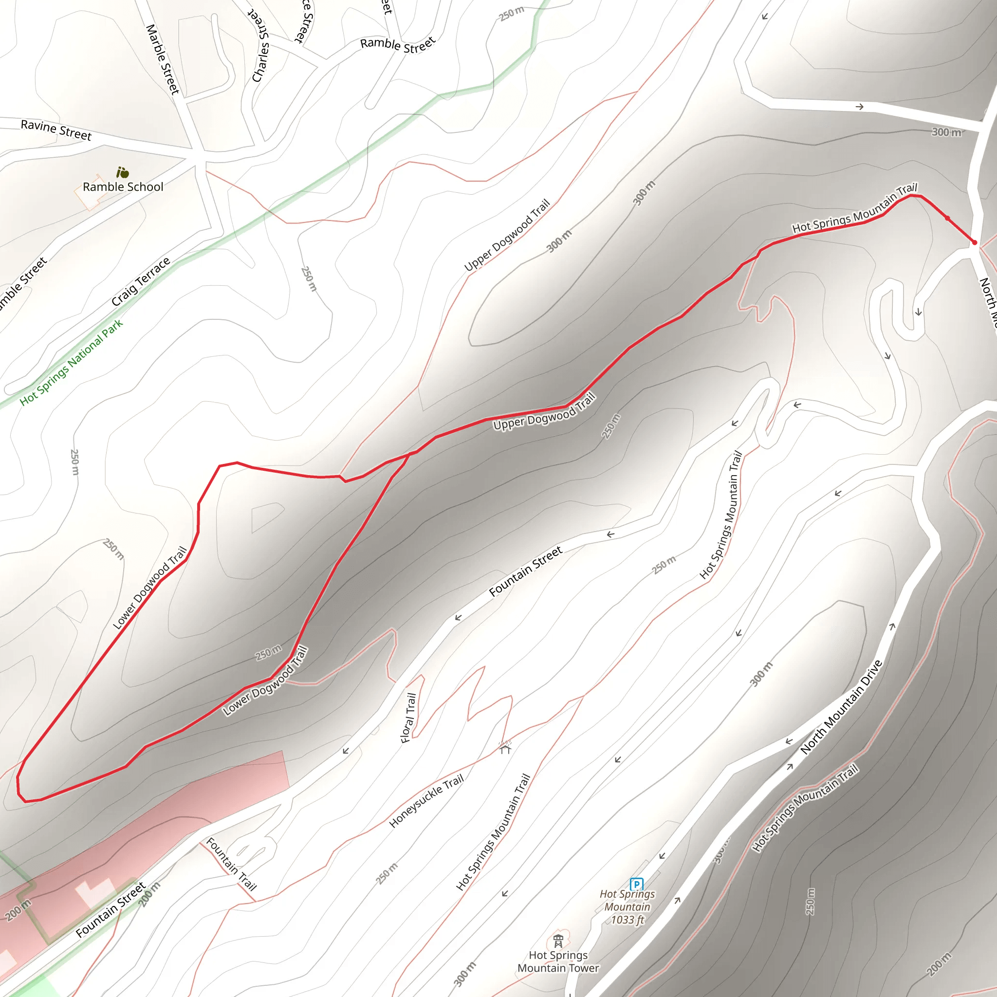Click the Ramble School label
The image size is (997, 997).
click(123, 187)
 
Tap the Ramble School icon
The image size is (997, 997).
click(122, 172)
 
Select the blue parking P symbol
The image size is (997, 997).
click(637, 884)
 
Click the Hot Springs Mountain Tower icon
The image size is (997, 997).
click(558, 941)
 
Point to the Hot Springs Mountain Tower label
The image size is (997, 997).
click(558, 962)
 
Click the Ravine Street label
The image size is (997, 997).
click(55, 130)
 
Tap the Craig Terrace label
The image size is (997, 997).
click(140, 282)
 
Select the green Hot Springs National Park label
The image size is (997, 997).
click(71, 362)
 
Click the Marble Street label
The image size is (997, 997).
click(163, 59)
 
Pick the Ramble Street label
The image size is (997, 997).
click(398, 45)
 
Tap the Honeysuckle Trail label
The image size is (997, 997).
click(426, 801)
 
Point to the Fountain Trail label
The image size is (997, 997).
click(231, 865)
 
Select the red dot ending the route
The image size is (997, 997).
click(974, 242)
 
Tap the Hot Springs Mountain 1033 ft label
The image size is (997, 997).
click(627, 906)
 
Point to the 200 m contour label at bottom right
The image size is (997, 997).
click(939, 964)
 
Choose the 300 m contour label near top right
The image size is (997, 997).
click(946, 132)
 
